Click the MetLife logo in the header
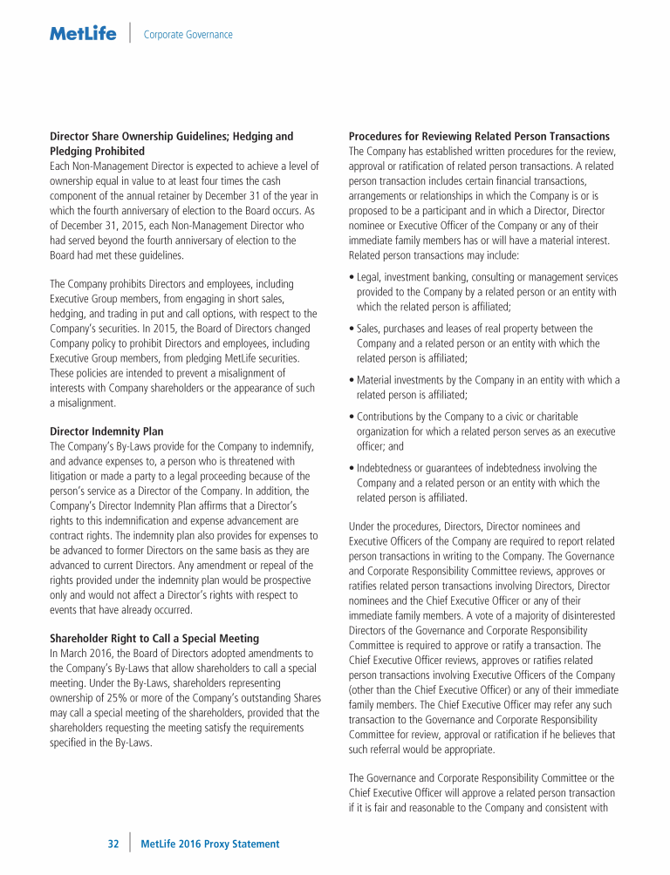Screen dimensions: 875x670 click(x=83, y=34)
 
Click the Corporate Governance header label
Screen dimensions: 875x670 click(x=188, y=35)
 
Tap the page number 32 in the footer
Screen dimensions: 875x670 click(x=113, y=844)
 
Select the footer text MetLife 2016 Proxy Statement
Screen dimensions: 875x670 click(x=209, y=844)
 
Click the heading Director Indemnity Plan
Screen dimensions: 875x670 click(x=106, y=431)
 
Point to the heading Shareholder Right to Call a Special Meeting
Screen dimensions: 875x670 click(x=154, y=638)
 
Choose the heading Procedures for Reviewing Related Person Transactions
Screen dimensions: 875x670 click(x=479, y=136)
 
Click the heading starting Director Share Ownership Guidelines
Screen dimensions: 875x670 click(x=171, y=136)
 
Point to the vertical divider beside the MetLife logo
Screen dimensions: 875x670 click(x=129, y=33)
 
